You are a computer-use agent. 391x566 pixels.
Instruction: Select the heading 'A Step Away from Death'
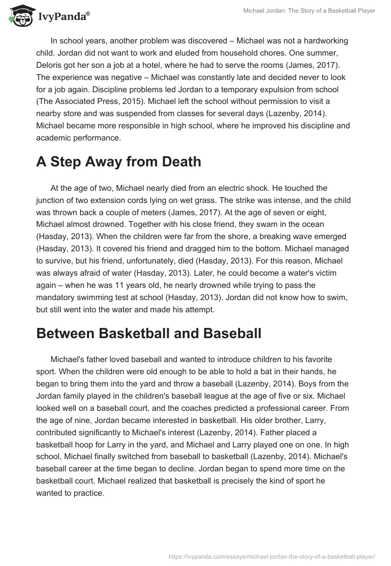pos(119,162)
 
